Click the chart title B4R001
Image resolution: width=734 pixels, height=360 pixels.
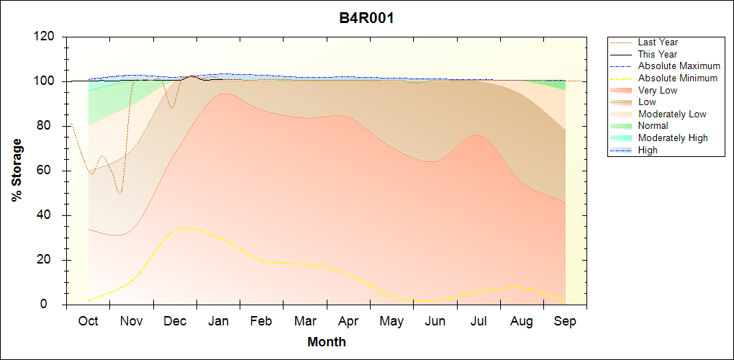click(366, 18)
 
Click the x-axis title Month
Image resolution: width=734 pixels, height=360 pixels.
click(326, 342)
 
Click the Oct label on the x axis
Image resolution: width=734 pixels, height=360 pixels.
click(88, 321)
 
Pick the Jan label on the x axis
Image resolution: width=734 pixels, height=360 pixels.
click(218, 321)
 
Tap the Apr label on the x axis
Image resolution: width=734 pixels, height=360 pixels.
click(348, 321)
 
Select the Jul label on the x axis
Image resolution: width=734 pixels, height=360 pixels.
click(479, 321)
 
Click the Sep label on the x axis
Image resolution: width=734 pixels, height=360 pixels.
click(565, 321)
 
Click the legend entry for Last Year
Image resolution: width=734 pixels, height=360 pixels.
click(657, 42)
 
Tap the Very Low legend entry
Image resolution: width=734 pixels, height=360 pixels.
click(657, 90)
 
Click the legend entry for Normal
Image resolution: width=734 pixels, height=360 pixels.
click(653, 126)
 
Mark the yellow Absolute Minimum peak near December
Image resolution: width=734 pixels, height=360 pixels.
click(186, 228)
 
